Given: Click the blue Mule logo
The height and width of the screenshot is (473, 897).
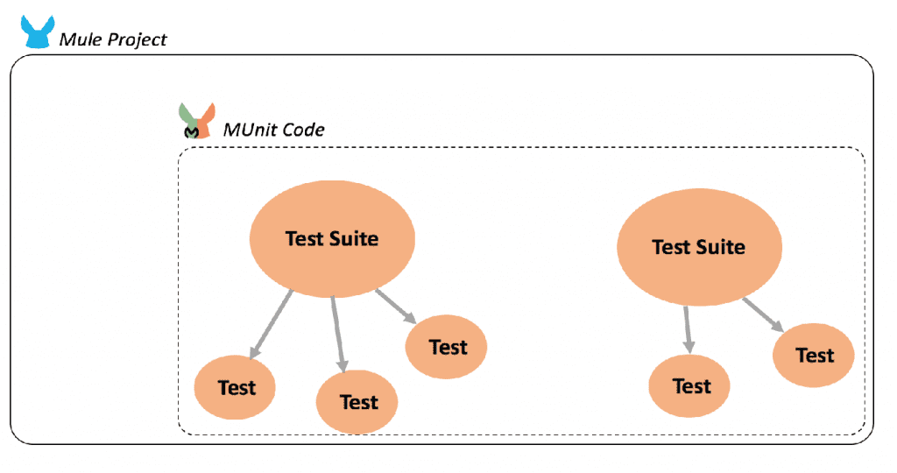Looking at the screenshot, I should (37, 32).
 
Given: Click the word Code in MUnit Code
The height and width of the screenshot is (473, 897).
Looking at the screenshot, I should (304, 130).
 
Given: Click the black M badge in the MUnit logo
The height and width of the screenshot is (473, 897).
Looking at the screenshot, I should (193, 131).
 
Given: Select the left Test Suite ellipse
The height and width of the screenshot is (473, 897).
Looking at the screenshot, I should (331, 238).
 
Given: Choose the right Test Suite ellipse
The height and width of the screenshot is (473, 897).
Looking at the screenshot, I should (698, 247).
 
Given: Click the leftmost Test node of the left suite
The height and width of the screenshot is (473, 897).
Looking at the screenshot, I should (236, 387).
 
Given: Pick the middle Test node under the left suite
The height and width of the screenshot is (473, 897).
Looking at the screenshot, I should (357, 402).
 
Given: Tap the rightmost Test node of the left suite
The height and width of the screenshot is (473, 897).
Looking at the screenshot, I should (447, 347).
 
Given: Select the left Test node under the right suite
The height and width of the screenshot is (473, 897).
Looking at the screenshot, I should (690, 385).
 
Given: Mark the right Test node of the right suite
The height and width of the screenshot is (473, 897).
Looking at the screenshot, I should (814, 355).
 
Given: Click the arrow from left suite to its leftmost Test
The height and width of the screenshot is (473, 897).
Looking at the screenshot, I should (271, 324).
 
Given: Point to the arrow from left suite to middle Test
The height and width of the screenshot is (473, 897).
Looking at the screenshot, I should (338, 334).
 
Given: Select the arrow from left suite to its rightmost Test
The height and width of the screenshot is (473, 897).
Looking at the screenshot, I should (396, 307).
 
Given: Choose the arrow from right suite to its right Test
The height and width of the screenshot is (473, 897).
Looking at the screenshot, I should (763, 314).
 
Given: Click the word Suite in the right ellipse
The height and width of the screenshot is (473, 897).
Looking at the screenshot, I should (722, 247).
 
